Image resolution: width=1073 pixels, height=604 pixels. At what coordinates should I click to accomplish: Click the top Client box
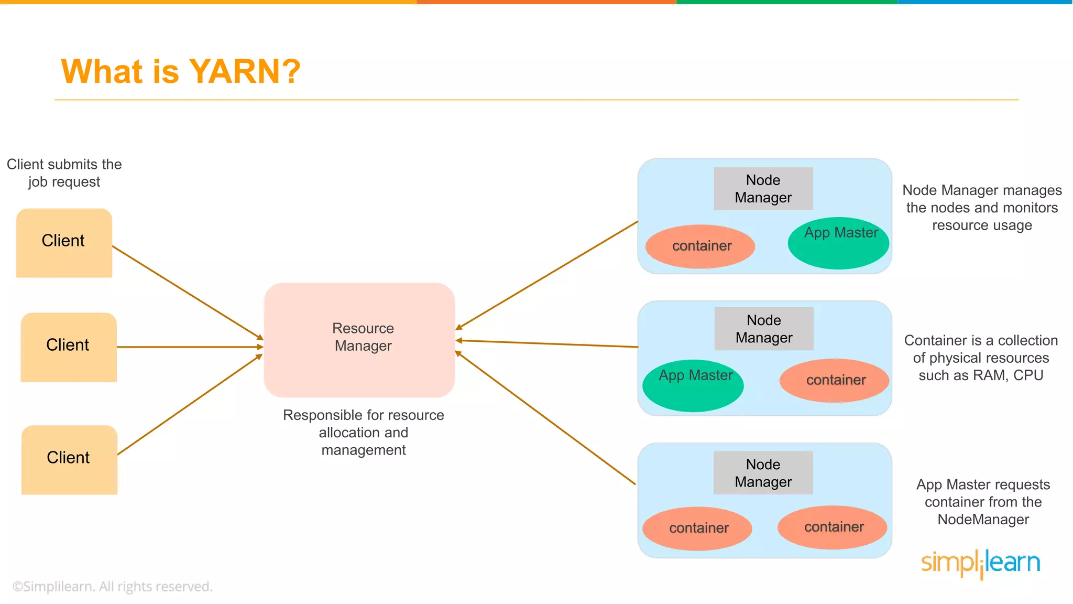pos(64,242)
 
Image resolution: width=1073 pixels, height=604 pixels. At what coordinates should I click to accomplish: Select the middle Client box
pos(69,347)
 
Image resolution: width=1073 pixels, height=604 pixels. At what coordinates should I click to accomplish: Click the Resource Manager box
pos(359,339)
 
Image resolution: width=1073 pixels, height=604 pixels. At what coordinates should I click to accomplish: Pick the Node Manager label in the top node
pos(763,189)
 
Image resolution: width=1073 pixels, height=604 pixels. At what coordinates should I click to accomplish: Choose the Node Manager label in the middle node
pos(764,329)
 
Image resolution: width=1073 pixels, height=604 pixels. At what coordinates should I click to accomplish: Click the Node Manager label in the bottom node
pos(763,472)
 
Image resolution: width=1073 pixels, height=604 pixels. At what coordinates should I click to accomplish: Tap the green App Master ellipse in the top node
pos(838,244)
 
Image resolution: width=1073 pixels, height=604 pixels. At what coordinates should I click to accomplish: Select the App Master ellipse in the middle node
pos(693,386)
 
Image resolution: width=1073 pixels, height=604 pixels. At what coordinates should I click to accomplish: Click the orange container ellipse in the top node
pos(700,246)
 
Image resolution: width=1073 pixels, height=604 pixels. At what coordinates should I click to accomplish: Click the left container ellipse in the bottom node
pos(697,528)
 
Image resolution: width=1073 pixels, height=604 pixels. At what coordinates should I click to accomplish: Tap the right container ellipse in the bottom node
pos(833,527)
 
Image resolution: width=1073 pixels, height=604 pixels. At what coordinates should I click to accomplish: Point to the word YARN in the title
pos(244,71)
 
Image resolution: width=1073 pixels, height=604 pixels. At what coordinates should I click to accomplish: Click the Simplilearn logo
pos(980,563)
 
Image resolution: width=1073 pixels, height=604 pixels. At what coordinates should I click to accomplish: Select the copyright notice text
pos(112,586)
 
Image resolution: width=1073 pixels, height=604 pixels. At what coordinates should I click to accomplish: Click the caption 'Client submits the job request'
pos(64,172)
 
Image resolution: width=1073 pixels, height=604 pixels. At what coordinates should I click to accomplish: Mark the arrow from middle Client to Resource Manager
pos(189,347)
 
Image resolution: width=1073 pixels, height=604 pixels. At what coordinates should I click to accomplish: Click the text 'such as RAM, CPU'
pos(980,375)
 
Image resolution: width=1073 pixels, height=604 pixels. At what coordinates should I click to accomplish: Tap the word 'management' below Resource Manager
pos(363,450)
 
